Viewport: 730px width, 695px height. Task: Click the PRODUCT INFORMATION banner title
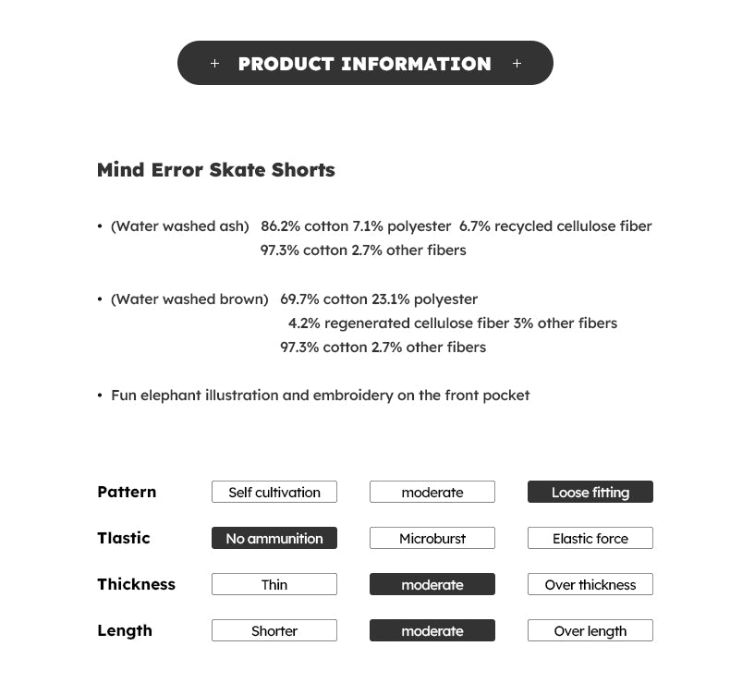pyautogui.click(x=364, y=64)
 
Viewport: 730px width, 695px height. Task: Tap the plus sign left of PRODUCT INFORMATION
pyautogui.click(x=215, y=64)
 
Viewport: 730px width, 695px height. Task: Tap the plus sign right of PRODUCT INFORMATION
pyautogui.click(x=517, y=64)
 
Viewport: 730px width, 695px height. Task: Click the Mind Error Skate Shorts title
pyautogui.click(x=215, y=170)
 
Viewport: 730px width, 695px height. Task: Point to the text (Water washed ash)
pyautogui.click(x=180, y=226)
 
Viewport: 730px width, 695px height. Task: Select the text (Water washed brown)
pyautogui.click(x=189, y=299)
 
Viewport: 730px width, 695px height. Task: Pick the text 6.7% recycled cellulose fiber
pyautogui.click(x=555, y=226)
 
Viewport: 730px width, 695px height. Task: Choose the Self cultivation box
pyautogui.click(x=274, y=493)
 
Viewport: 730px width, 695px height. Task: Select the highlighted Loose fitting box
pyautogui.click(x=590, y=493)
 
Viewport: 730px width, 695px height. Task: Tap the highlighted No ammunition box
pyautogui.click(x=274, y=539)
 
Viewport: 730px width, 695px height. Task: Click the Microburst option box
pyautogui.click(x=432, y=539)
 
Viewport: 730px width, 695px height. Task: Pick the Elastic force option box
pyautogui.click(x=590, y=539)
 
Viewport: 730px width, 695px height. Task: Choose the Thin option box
pyautogui.click(x=274, y=585)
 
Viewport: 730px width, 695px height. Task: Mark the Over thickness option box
pyautogui.click(x=590, y=585)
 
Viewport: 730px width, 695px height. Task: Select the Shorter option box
pyautogui.click(x=274, y=631)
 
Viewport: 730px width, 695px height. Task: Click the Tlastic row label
pyautogui.click(x=123, y=538)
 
